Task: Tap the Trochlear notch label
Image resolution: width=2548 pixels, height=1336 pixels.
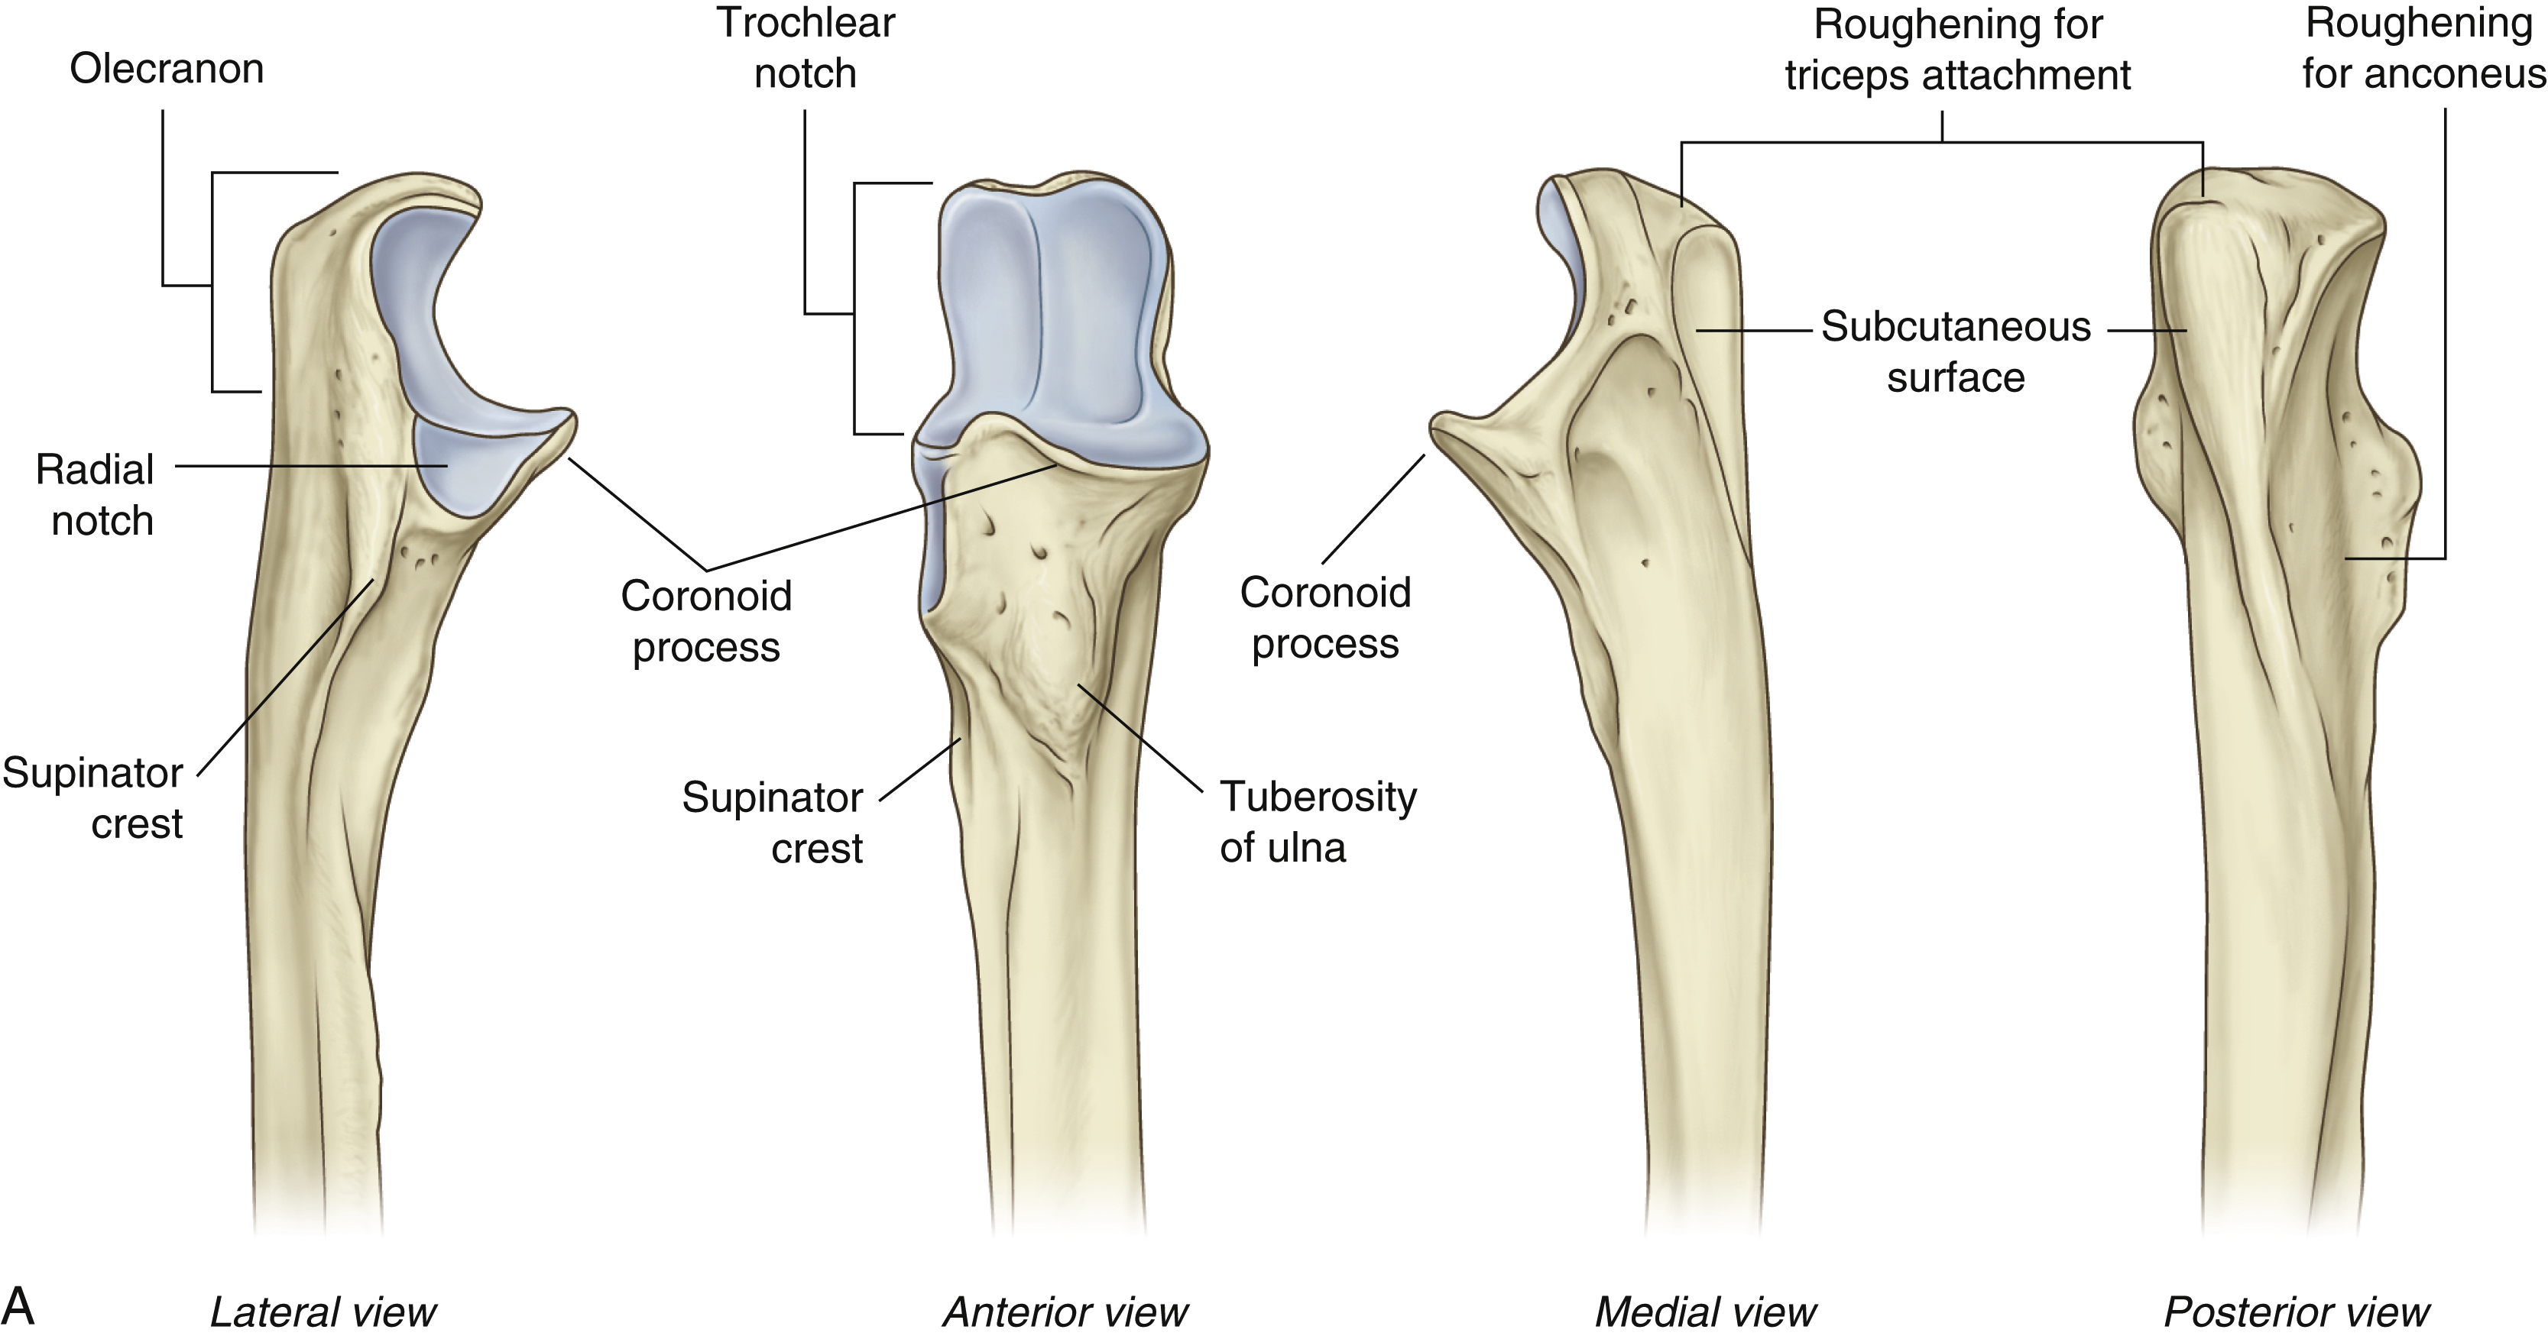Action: (806, 48)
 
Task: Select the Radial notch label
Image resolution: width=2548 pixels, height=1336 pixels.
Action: (95, 494)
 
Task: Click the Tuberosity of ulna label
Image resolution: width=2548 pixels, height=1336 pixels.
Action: (1317, 822)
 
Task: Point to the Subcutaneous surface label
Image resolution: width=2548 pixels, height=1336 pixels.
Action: (1956, 352)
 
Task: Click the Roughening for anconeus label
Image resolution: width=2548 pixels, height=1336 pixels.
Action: (2423, 48)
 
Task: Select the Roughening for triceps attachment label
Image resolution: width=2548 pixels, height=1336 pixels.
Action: (1957, 50)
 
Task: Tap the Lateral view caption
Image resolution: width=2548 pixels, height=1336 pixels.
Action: (323, 1312)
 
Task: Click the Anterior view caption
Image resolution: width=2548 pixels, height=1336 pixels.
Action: (1065, 1312)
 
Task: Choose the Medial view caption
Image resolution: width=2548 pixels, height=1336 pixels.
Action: (1705, 1312)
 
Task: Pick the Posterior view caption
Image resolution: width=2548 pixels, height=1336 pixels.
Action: (2297, 1312)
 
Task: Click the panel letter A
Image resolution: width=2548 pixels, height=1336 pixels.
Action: (19, 1305)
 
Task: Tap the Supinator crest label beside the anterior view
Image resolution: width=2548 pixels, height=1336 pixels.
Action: (773, 823)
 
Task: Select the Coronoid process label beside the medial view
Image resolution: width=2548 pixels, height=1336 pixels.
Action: (1325, 618)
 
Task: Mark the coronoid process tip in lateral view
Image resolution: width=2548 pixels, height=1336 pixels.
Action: (569, 419)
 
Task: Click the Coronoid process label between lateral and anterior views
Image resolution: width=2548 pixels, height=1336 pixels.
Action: (706, 621)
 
